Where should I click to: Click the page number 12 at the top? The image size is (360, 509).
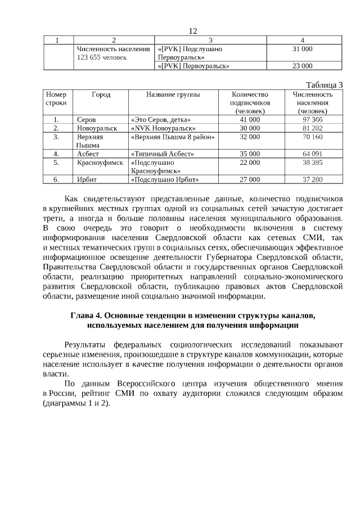193,31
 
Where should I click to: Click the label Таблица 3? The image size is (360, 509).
325,84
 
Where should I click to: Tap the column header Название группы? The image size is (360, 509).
173,94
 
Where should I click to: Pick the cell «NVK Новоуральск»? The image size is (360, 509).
159,128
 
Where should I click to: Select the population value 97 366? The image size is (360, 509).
312,120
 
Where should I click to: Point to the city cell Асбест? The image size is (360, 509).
88,154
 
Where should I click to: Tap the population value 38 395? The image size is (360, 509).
312,162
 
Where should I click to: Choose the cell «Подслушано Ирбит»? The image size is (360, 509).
165,179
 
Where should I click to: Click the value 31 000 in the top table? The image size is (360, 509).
303,49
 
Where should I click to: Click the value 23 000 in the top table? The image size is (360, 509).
303,66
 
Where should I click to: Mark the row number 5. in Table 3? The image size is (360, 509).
56,162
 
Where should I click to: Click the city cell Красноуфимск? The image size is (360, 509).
100,162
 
